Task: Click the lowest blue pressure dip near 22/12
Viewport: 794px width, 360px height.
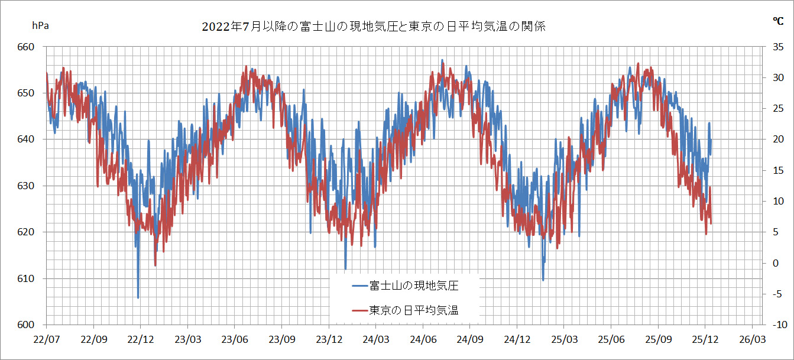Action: click(x=138, y=297)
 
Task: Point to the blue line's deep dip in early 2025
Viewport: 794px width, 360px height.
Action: click(x=543, y=280)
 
